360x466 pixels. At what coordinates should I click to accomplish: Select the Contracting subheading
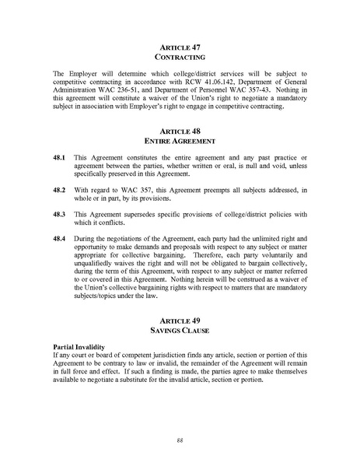pyautogui.click(x=180, y=58)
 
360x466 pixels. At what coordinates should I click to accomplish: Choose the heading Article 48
pyautogui.click(x=180, y=131)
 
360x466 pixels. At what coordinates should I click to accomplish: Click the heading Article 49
pyautogui.click(x=180, y=321)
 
